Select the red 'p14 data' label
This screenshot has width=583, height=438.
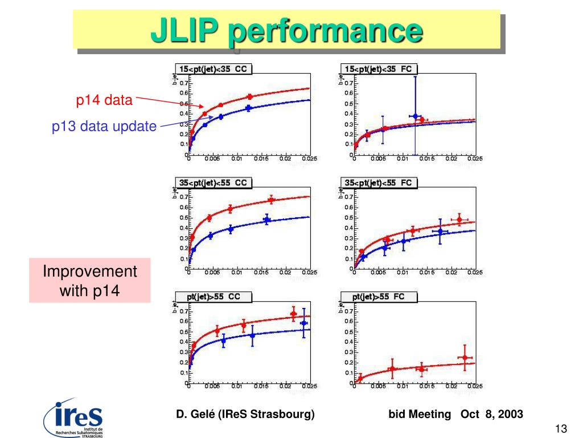click(x=104, y=101)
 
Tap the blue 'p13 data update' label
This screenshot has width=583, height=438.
click(x=104, y=127)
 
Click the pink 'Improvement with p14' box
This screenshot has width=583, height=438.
click(x=90, y=280)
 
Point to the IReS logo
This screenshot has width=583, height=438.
click(x=74, y=417)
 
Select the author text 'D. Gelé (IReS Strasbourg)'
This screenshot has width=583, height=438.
click(x=245, y=414)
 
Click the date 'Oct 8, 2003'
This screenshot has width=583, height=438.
click(x=492, y=414)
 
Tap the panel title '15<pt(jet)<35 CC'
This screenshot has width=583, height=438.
click(x=214, y=69)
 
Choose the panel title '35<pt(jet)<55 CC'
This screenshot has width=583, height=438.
click(x=214, y=183)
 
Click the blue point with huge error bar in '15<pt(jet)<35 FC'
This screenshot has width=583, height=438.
click(x=415, y=116)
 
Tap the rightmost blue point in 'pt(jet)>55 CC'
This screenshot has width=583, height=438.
click(x=304, y=323)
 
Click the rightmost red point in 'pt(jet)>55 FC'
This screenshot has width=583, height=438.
click(x=465, y=358)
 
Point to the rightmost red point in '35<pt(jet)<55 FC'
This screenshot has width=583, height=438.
click(x=459, y=220)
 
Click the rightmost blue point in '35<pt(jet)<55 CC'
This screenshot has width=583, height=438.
click(x=266, y=220)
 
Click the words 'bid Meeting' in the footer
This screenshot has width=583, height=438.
click(x=419, y=414)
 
